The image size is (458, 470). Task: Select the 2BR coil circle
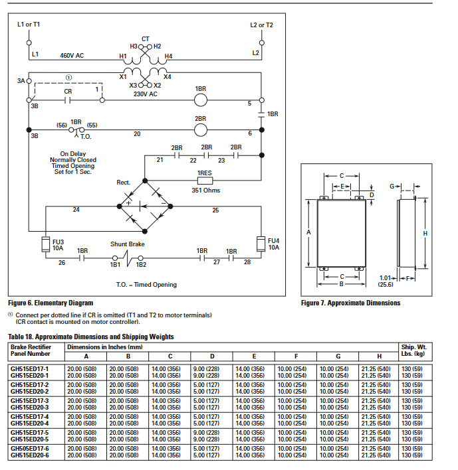point(201,130)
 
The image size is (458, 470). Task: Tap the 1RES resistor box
point(204,180)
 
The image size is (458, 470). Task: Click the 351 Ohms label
point(205,191)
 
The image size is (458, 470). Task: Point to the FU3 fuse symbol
point(47,241)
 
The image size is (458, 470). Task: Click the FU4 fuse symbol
point(262,241)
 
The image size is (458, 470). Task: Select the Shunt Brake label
point(128,244)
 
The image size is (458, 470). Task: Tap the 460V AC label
point(72,55)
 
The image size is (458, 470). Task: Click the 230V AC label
point(144,94)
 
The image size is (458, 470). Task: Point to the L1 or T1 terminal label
point(29,25)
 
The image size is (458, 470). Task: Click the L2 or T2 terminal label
point(261,25)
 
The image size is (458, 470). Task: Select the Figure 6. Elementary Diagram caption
point(51,303)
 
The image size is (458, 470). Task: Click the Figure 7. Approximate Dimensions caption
point(350,303)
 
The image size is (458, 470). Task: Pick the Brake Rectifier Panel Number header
point(31,351)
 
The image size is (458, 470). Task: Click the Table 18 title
point(91,337)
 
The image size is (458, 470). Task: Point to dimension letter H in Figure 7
point(425,233)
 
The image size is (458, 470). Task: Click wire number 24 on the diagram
point(76,210)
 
